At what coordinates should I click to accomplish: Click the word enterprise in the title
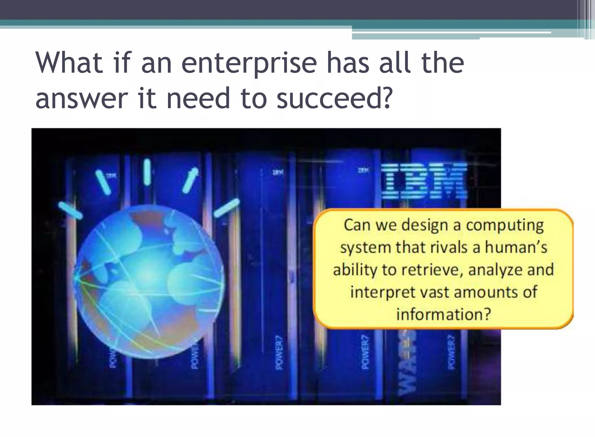[249, 63]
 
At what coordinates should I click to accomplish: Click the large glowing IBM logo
[424, 181]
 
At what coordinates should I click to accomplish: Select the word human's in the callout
[516, 247]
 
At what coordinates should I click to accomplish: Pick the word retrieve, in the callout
[433, 270]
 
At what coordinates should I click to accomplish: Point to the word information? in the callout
[444, 314]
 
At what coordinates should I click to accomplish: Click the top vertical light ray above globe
[147, 172]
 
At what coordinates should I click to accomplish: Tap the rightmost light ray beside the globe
[227, 208]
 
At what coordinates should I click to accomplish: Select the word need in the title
[198, 98]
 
